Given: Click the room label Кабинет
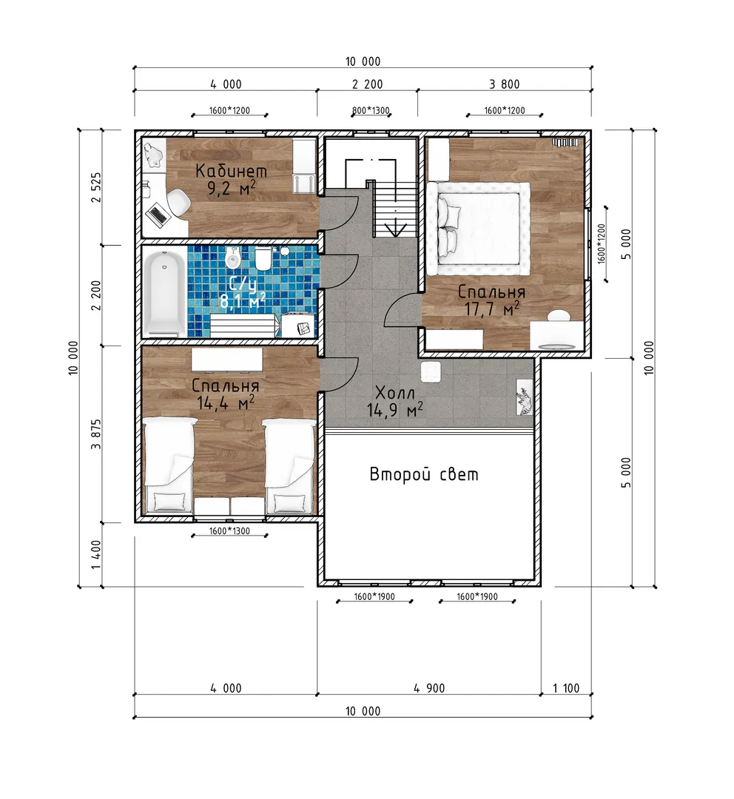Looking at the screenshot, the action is coord(231,170).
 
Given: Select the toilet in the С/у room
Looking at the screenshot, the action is coord(263,259).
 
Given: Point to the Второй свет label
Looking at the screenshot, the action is coord(424,474).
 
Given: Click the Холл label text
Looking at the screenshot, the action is coord(395,393).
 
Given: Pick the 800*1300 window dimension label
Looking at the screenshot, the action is coord(371,110).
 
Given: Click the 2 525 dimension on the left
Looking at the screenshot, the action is coord(96,187).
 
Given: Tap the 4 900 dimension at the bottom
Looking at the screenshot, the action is coord(429,689).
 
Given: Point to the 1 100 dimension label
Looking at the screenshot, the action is coord(566,689).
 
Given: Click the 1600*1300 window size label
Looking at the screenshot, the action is coord(229,531).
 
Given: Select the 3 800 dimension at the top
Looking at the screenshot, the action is coord(505,84).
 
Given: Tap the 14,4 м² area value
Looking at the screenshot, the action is coord(225,404).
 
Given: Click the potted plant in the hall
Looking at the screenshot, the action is coord(525,397).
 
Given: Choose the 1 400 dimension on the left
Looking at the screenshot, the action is coord(96,556).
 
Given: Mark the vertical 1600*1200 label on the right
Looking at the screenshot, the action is coord(602,243).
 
